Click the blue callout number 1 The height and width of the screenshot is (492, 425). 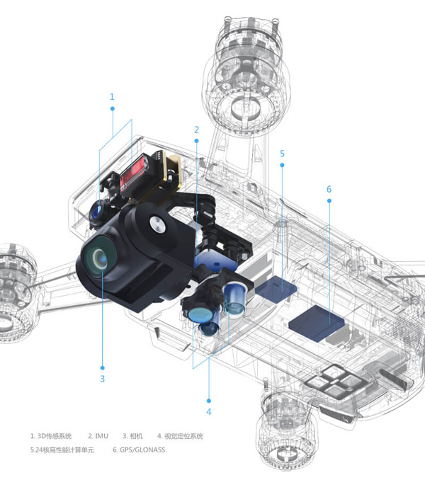(112, 97)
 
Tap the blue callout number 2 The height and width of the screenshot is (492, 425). (196, 130)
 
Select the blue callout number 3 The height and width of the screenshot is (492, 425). (102, 379)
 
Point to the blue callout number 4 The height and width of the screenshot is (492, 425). (209, 412)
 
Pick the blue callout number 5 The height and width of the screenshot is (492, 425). (282, 154)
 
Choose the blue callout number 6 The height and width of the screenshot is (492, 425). (329, 189)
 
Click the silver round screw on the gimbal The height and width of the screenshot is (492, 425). (157, 224)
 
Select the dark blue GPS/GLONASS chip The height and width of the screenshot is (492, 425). (317, 324)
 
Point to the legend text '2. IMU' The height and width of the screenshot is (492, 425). (98, 436)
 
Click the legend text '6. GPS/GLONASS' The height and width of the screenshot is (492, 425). (139, 450)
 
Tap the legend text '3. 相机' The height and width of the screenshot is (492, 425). (132, 436)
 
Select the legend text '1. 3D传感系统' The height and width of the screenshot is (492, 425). (51, 436)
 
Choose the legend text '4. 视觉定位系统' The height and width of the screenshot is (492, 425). (180, 436)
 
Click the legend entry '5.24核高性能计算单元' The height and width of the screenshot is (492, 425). (62, 450)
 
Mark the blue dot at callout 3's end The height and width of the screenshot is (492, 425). (102, 367)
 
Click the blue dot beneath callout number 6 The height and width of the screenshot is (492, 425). (329, 200)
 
